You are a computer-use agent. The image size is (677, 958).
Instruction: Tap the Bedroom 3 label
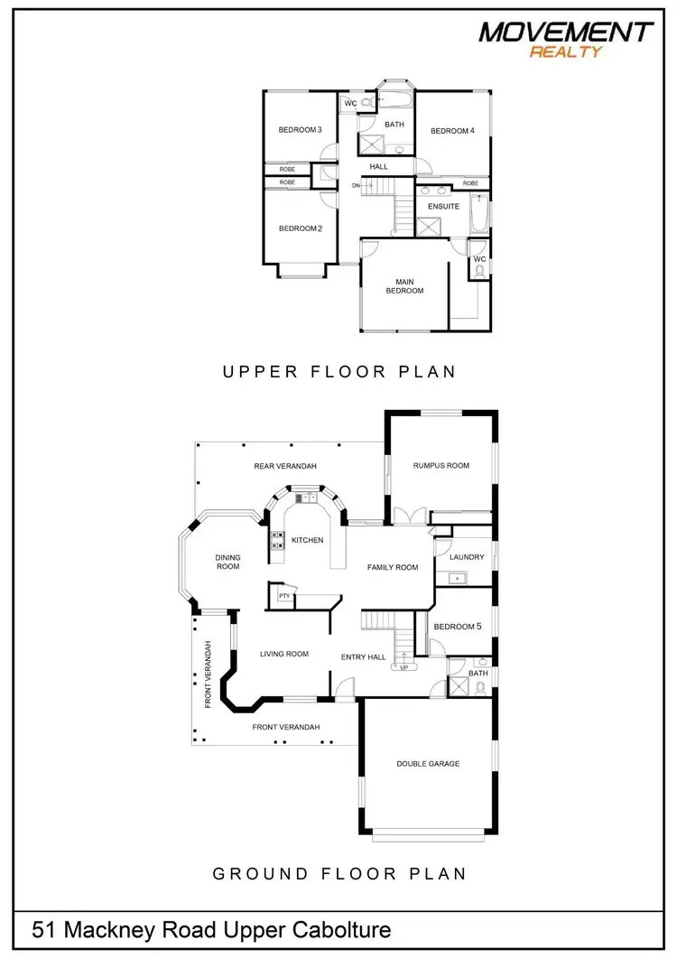tap(300, 130)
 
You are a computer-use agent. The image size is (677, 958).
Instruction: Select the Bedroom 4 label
tap(452, 131)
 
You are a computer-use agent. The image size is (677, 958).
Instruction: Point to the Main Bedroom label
tap(404, 285)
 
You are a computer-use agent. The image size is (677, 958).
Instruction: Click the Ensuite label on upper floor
tap(443, 206)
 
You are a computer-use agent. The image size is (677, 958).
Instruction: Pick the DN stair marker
tap(357, 185)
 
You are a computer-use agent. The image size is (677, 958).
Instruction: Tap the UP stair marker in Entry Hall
tap(403, 667)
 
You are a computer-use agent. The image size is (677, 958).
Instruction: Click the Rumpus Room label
tap(441, 466)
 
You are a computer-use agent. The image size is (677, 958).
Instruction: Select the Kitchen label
tap(307, 540)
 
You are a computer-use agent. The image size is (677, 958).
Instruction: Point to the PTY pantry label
tap(284, 596)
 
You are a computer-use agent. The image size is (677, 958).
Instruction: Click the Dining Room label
tap(227, 562)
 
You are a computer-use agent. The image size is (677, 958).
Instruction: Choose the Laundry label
tap(467, 557)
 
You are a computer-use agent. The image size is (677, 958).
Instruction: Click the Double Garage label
tap(428, 764)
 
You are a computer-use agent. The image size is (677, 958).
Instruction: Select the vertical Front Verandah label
tap(208, 674)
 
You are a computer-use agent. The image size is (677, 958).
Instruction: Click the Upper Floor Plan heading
tap(339, 371)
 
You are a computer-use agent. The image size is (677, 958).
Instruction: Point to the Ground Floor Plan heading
tap(339, 873)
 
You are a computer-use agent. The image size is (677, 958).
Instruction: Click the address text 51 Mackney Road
tap(212, 929)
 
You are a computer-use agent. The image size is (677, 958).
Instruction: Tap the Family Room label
tap(393, 567)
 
